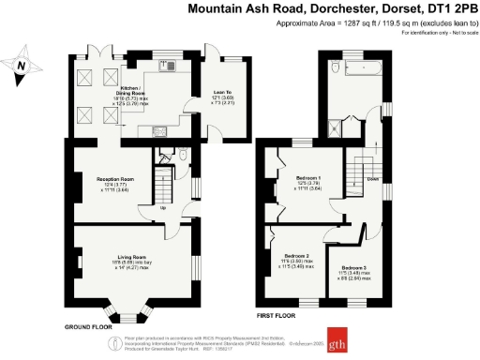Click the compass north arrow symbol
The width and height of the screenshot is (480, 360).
pyautogui.click(x=22, y=66)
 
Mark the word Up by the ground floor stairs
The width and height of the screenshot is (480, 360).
pyautogui.click(x=166, y=208)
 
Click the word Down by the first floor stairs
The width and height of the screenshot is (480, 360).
pyautogui.click(x=373, y=178)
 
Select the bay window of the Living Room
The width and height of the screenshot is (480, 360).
pyautogui.click(x=124, y=311)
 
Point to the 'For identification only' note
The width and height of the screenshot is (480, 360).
pyautogui.click(x=439, y=33)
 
